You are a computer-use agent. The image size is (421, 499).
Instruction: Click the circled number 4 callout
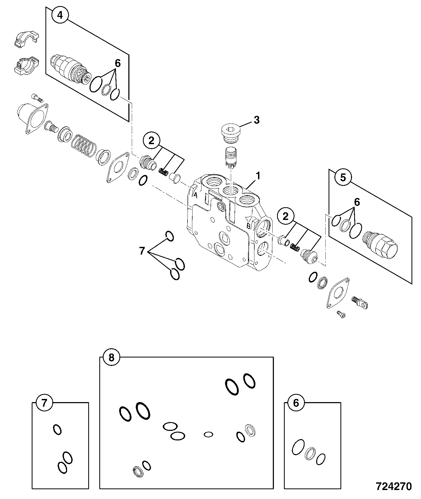point(60,15)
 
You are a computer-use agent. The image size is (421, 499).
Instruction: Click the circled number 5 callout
point(343,177)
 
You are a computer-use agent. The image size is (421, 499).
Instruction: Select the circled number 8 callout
point(111,358)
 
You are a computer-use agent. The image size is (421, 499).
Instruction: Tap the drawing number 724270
point(394,486)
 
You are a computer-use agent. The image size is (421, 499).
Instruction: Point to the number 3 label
point(256,120)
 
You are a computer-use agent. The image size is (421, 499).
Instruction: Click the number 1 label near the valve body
point(258,176)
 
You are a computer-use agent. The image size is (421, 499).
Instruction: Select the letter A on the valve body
point(196,195)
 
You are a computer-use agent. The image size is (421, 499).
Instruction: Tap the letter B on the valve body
point(248,226)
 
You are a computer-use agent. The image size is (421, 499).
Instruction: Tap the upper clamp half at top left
point(26,39)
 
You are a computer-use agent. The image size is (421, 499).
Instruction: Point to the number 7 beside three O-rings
point(142,251)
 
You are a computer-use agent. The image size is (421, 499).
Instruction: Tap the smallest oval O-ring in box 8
point(208,434)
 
